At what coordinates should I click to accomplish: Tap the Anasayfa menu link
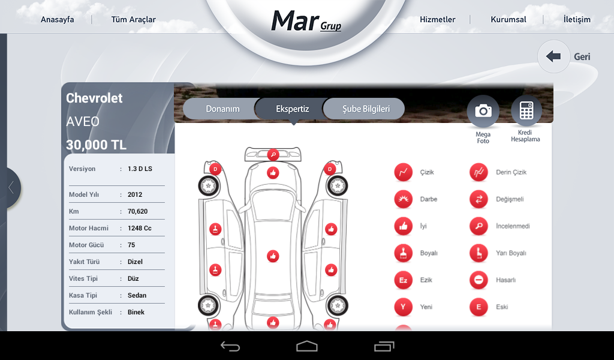(x=57, y=20)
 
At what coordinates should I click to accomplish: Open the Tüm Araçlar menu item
(x=134, y=20)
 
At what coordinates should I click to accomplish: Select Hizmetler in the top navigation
(x=437, y=20)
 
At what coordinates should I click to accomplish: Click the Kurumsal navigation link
(x=508, y=20)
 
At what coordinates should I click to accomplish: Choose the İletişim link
(x=577, y=19)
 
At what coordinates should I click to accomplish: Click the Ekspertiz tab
(x=292, y=109)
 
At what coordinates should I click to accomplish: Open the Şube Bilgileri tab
(x=366, y=109)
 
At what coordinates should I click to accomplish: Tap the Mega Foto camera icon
(x=483, y=111)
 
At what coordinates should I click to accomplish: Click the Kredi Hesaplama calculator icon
(x=526, y=110)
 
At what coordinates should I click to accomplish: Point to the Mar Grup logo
(x=306, y=21)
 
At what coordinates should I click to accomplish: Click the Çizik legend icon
(x=404, y=172)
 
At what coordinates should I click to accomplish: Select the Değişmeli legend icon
(x=478, y=199)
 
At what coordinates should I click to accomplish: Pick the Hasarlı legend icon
(x=478, y=280)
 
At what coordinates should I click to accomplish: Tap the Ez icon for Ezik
(x=404, y=280)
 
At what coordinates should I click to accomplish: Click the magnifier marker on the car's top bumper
(x=273, y=155)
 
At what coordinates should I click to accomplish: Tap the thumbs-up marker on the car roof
(x=273, y=256)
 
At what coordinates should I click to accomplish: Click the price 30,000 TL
(x=96, y=145)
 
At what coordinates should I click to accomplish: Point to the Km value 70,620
(x=137, y=212)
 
